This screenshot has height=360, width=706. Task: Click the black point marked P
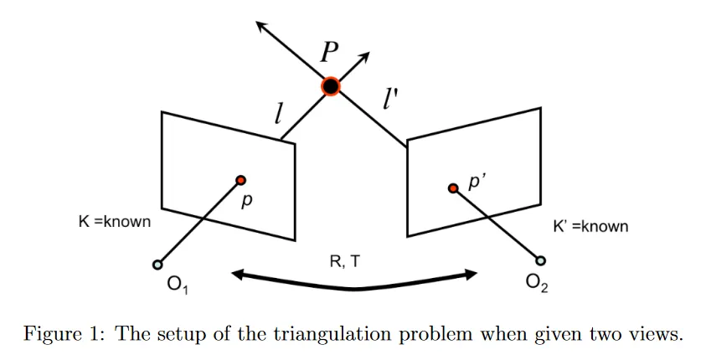tap(331, 86)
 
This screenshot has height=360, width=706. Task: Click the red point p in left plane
tap(241, 180)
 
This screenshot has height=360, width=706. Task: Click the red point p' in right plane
tap(453, 189)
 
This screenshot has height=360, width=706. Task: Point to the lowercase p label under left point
tap(245, 203)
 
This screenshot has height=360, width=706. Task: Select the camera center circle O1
tap(157, 265)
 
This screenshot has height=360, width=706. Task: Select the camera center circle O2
tap(540, 260)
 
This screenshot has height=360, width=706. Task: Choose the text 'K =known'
tap(114, 222)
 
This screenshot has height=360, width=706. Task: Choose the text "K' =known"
tap(590, 226)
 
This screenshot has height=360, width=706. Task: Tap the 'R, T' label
tap(346, 261)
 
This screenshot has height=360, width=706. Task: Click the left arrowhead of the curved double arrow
tap(240, 273)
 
